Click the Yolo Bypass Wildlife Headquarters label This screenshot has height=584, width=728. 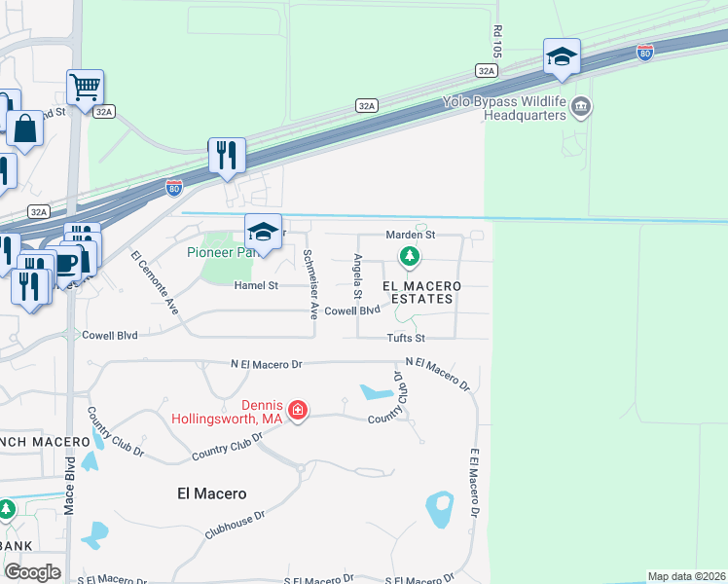(503, 108)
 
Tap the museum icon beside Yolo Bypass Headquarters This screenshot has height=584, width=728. (581, 106)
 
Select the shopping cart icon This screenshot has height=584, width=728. (86, 87)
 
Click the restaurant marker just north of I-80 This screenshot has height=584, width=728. (227, 155)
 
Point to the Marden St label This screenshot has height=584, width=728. (410, 235)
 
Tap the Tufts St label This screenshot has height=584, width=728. (407, 338)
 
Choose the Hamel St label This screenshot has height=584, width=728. (256, 285)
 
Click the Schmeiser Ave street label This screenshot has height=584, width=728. (310, 284)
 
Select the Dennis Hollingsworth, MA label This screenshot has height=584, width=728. (227, 413)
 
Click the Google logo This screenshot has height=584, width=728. (32, 571)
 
